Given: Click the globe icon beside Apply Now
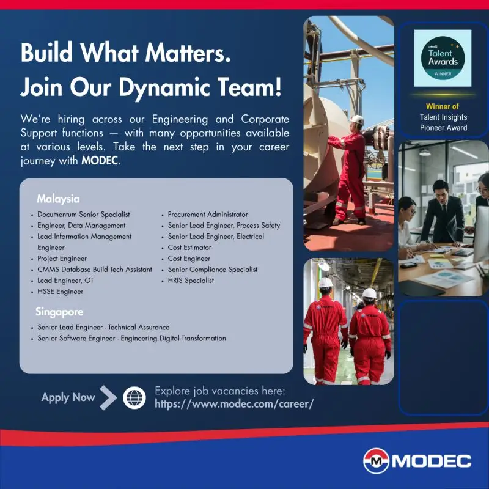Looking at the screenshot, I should pos(134,397).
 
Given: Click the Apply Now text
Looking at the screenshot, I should pos(68,397).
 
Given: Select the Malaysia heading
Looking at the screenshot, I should pos(58,199).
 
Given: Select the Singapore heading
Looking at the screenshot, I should pos(60,312).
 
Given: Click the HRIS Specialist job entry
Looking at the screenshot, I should pos(191,281).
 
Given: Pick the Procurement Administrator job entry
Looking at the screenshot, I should pos(208,215).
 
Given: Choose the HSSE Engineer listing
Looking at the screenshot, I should pos(60,292).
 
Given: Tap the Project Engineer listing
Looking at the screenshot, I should pos(62,259).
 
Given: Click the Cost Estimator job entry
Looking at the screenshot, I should pos(189,248).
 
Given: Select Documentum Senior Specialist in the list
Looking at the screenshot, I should pos(83,215).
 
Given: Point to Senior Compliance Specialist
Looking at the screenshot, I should pos(213,270).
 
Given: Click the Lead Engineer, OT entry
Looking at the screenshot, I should pos(65,281).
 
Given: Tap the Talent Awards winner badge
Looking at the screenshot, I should pos(443,58).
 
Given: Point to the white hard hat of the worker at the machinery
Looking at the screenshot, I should pos(357,119).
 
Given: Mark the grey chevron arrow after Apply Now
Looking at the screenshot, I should pos(108,397).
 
